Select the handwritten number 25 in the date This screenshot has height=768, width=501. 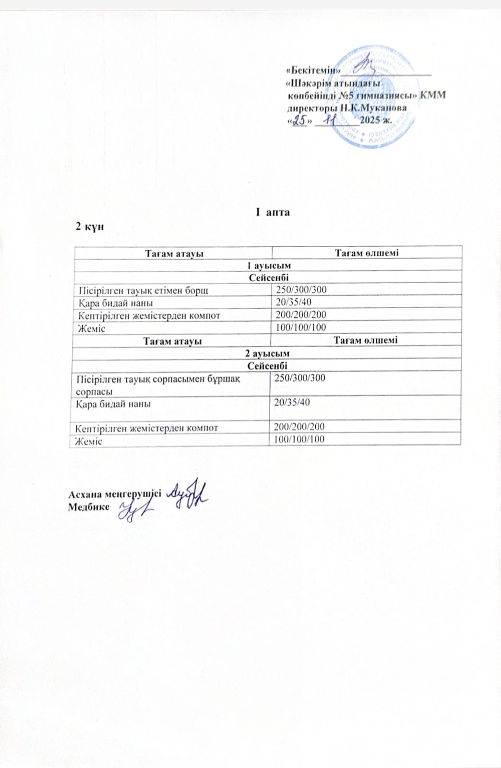(299, 121)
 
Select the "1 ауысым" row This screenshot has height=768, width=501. (268, 265)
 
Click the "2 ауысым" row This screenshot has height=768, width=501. (267, 353)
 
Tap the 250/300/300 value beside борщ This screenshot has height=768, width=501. (301, 289)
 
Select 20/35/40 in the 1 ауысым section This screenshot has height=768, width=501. (294, 302)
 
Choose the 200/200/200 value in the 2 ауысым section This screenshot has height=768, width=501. (299, 426)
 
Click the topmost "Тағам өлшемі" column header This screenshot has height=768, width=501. (367, 252)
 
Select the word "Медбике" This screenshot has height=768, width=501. (89, 507)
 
